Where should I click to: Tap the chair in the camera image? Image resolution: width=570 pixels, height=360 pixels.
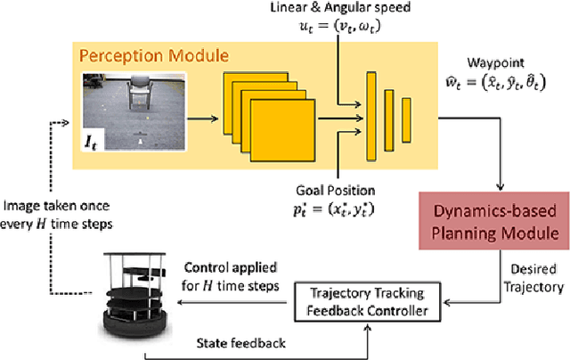click(143, 94)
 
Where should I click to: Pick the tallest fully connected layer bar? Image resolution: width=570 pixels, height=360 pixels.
click(370, 116)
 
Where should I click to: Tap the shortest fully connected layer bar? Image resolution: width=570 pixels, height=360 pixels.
click(405, 116)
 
